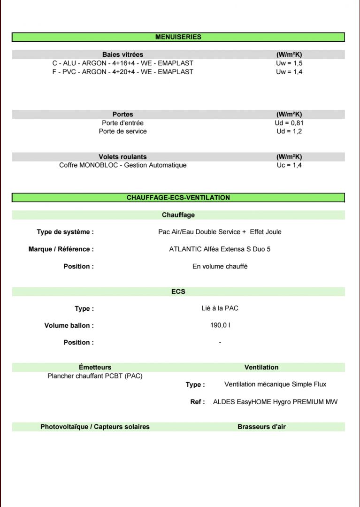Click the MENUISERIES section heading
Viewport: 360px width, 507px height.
click(x=178, y=37)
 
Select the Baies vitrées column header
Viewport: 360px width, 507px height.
click(x=123, y=54)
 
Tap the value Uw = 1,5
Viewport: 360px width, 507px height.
click(x=289, y=63)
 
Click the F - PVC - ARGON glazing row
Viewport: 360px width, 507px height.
click(x=123, y=72)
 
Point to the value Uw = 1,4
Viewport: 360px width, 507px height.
click(x=289, y=72)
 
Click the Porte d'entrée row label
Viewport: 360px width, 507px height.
click(x=123, y=123)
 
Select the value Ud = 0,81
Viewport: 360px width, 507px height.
click(x=289, y=123)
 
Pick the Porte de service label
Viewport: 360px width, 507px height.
click(x=123, y=131)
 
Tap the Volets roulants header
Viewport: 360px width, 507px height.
click(x=123, y=157)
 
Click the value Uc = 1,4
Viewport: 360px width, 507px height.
click(x=289, y=165)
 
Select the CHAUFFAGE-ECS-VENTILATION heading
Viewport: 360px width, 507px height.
click(x=178, y=198)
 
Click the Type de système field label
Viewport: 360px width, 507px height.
click(x=65, y=232)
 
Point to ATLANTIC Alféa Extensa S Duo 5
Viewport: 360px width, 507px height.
click(x=220, y=249)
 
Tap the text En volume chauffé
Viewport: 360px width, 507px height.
click(x=220, y=266)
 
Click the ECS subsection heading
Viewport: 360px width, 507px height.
click(x=178, y=292)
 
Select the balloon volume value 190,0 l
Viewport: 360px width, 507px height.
click(x=220, y=325)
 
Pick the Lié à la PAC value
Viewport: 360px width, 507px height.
click(x=220, y=308)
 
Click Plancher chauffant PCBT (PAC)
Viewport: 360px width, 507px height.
click(x=95, y=376)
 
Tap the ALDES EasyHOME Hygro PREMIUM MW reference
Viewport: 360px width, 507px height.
click(x=275, y=402)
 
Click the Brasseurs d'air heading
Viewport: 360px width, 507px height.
click(x=261, y=427)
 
